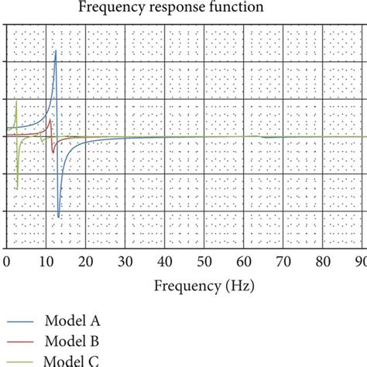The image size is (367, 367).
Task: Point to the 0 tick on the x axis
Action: pos(6,261)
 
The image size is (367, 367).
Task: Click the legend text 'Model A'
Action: pos(77,321)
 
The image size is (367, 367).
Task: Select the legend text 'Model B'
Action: pos(77,340)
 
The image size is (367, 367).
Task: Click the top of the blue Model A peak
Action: pos(56,51)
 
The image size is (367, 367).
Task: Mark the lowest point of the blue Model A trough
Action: pos(58,217)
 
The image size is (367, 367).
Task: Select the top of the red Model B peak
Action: pos(50,120)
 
